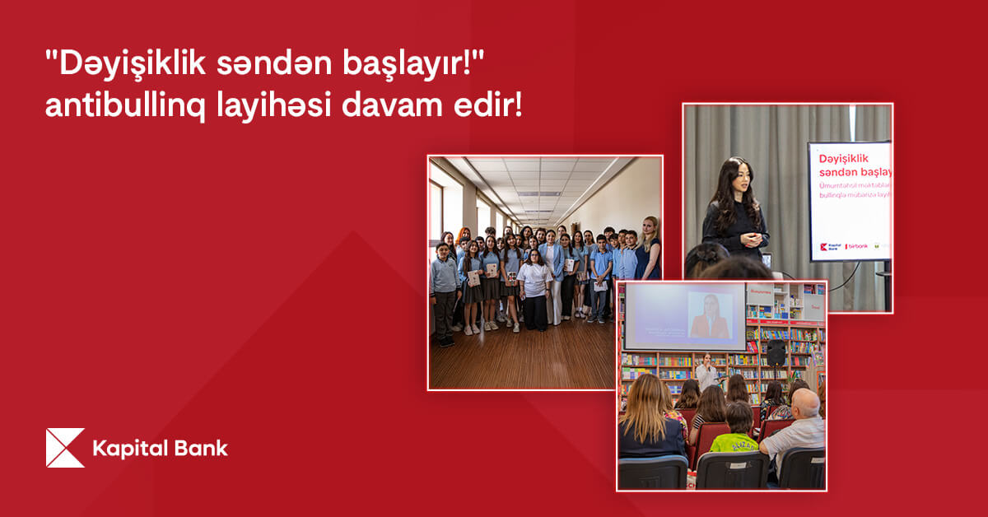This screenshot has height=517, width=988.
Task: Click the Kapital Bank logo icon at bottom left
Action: click(65, 448)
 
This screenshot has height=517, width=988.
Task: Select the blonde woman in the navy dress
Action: click(648, 247)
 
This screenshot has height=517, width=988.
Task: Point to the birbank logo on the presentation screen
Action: click(855, 246)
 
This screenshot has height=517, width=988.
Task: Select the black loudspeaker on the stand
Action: click(776, 353)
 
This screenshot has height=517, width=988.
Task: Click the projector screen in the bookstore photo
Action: click(683, 316)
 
